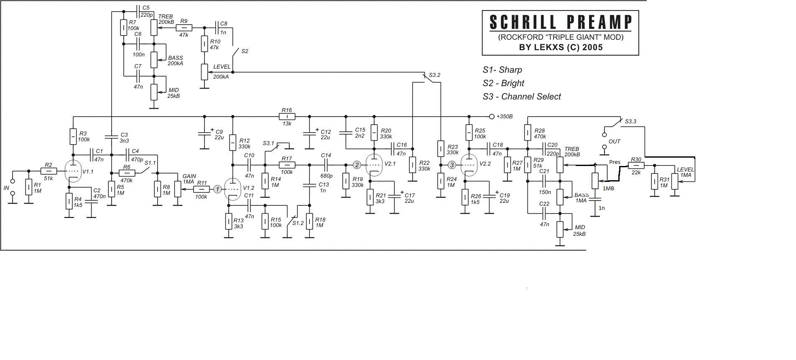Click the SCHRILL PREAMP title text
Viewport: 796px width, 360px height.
560,22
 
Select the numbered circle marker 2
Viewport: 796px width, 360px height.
357,165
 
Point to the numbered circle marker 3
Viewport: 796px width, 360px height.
452,165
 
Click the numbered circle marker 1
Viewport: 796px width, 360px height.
217,189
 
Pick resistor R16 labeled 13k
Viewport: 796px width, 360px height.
287,116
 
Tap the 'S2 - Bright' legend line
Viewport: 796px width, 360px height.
503,83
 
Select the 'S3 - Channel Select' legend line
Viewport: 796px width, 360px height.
521,97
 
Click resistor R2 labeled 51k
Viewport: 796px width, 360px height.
48,171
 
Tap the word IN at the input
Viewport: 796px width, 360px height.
6,188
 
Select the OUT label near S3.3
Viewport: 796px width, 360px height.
614,142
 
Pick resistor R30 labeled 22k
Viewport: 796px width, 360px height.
635,166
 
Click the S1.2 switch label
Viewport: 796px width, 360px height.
298,223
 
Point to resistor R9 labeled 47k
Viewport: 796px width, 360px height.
184,28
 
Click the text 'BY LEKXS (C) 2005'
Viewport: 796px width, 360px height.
561,47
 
